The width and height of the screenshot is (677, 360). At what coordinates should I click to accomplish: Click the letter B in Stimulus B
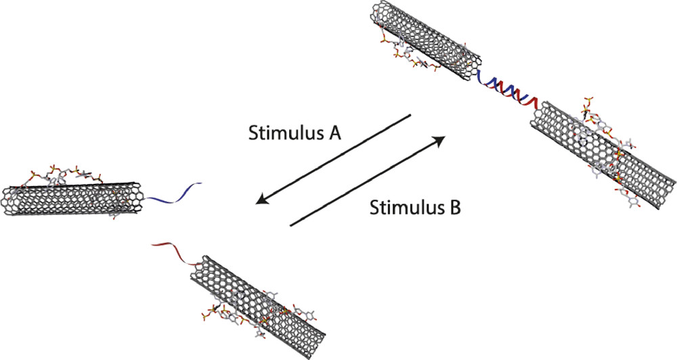tap(454, 207)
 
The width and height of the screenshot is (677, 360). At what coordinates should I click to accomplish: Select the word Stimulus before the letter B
tap(403, 208)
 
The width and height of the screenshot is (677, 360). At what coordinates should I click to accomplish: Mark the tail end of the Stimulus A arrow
tap(410, 116)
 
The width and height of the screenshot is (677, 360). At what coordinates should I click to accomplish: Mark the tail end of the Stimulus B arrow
tap(290, 225)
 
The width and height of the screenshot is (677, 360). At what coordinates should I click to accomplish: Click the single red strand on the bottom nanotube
tap(177, 252)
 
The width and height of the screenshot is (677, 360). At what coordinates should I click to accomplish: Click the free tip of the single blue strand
tap(202, 184)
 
